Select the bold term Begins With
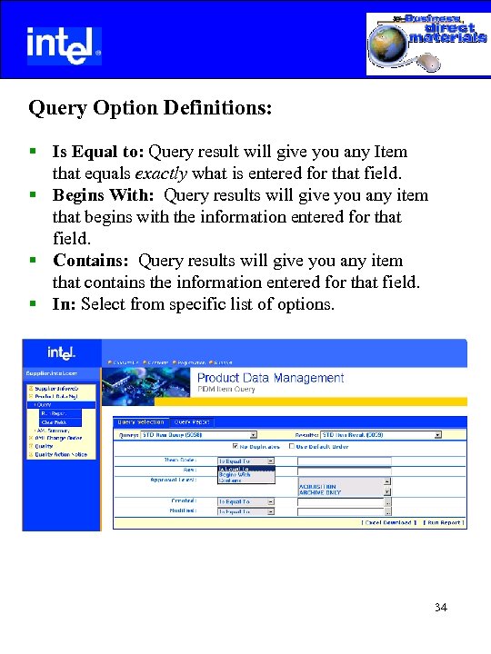point(105,195)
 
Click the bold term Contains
point(91,261)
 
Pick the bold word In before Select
point(64,304)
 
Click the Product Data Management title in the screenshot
point(270,378)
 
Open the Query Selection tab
point(141,421)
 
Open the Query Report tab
point(192,421)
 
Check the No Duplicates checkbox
point(236,446)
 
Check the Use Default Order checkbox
point(292,446)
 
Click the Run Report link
point(445,522)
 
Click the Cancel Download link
point(389,522)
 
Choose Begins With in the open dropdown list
point(235,474)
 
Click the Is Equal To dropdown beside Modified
point(245,511)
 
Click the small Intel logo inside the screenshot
point(61,353)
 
